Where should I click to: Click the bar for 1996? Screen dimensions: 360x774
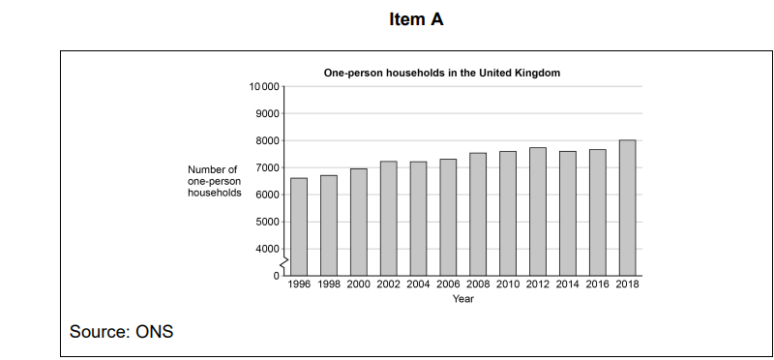(x=299, y=227)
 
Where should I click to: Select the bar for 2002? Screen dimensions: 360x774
(x=388, y=219)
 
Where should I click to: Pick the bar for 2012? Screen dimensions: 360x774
(x=538, y=212)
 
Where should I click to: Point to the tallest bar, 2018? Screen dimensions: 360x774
(x=627, y=208)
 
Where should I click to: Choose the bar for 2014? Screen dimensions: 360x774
(x=568, y=214)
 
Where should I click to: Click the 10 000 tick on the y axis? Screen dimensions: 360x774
(x=264, y=87)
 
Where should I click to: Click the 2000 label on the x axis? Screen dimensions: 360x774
(x=359, y=285)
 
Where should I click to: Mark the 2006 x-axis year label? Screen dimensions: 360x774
(x=448, y=285)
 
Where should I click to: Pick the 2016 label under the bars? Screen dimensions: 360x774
(x=597, y=285)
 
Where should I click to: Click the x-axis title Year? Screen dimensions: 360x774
(x=463, y=299)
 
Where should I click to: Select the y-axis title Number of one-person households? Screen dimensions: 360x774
(x=214, y=181)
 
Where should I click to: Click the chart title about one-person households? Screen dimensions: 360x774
(x=442, y=73)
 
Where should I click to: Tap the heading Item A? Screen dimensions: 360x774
(x=416, y=19)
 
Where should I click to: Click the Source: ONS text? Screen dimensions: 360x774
(x=121, y=332)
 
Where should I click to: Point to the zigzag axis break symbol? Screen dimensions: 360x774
(x=283, y=263)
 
